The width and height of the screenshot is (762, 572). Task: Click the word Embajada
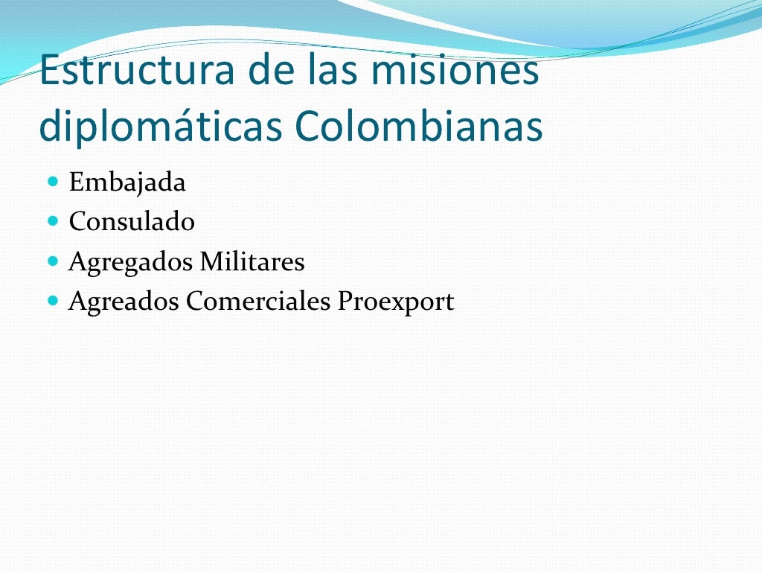tap(127, 182)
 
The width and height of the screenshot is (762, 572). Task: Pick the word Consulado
tap(132, 221)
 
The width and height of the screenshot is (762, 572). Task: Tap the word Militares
tap(252, 261)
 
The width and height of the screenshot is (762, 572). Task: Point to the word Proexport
tap(396, 302)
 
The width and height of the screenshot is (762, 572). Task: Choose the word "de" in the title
tap(269, 71)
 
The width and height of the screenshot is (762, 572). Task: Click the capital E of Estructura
tap(50, 71)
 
